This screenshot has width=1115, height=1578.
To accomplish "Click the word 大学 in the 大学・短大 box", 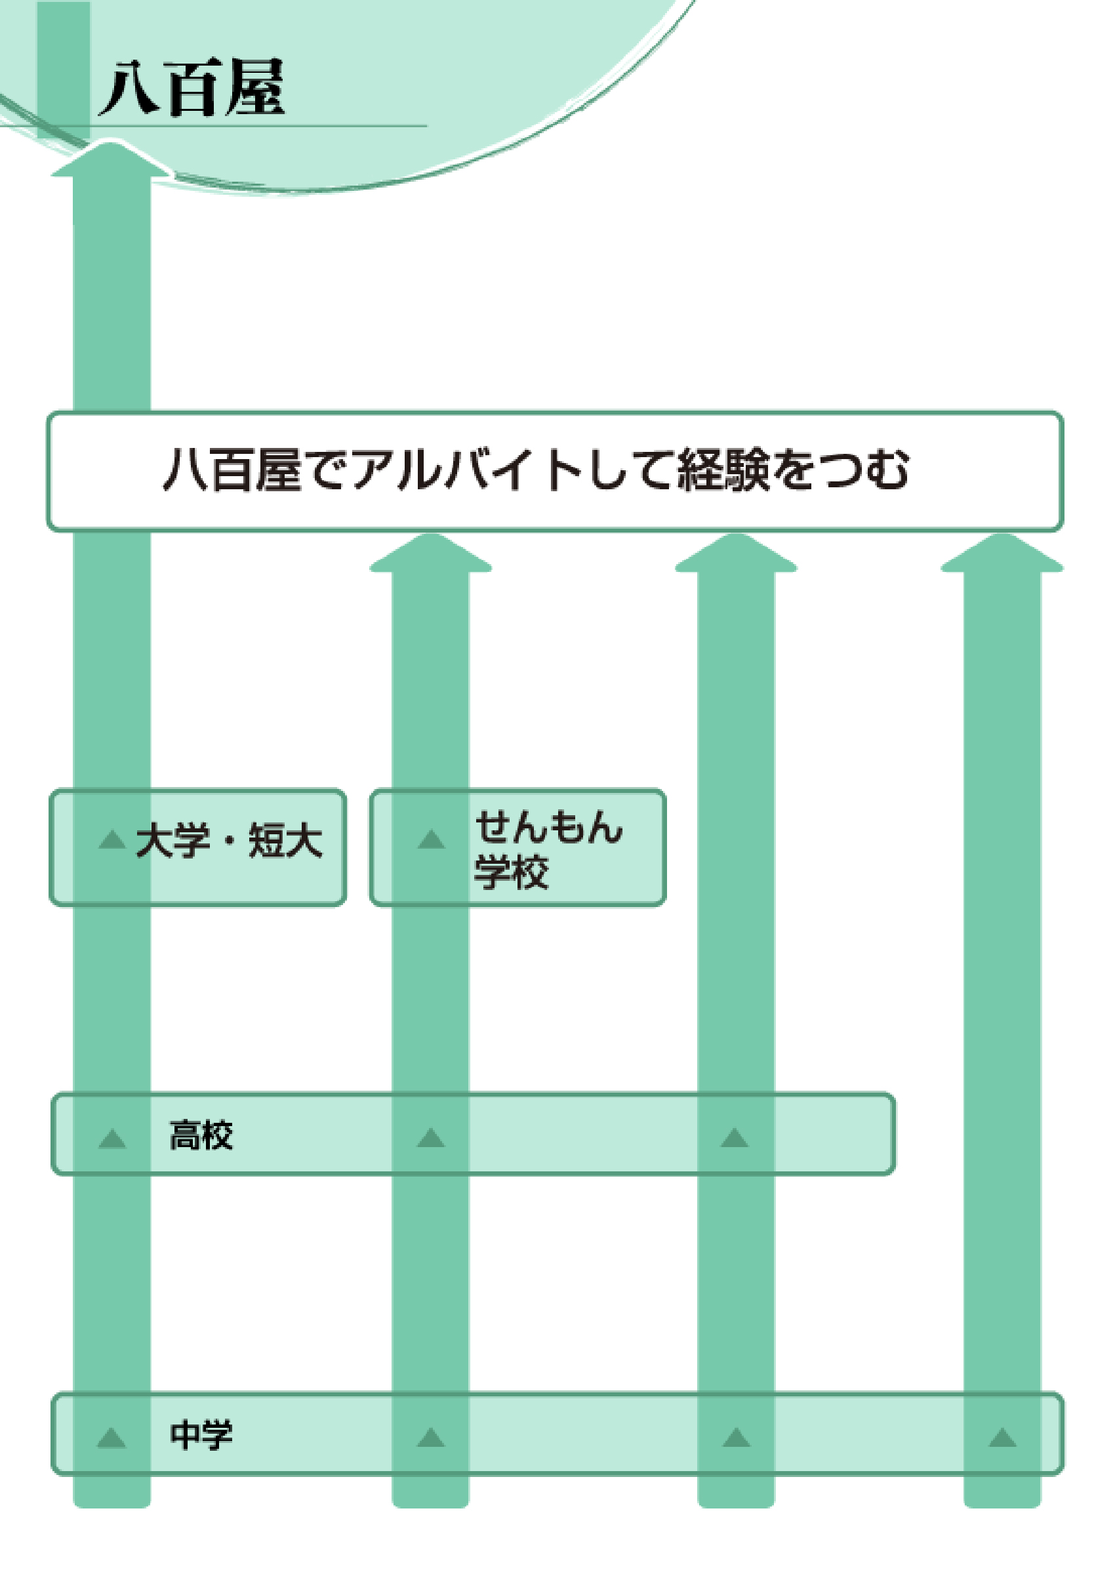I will coord(172,840).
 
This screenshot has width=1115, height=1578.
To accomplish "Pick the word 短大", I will coord(285,840).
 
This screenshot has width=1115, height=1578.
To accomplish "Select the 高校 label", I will coord(201,1135).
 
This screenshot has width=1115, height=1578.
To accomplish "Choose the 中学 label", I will coord(201,1435).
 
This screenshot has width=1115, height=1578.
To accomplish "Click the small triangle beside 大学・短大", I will coord(112,839).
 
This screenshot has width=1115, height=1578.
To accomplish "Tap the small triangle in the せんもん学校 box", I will coord(431,839).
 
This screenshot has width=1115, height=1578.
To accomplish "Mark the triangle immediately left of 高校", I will coord(112,1139).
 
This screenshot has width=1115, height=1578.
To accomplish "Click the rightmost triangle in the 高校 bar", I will coord(734,1138).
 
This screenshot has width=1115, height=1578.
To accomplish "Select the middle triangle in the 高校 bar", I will coord(431,1138).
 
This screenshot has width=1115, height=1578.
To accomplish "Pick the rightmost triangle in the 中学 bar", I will coord(1002,1438).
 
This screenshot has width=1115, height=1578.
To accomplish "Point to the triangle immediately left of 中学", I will coord(112,1438).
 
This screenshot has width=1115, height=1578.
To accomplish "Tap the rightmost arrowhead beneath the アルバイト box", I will coord(1002,554).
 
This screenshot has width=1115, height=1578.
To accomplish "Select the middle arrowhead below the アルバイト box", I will coord(735,554).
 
